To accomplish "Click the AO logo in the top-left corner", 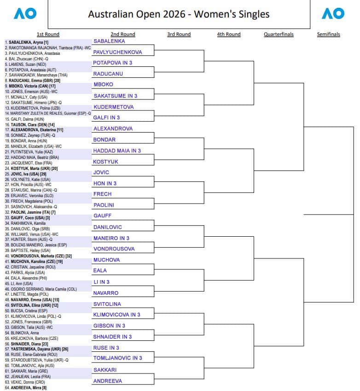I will (x=25, y=14).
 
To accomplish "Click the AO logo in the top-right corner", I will (x=333, y=14).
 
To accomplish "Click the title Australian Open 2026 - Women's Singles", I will (x=179, y=14).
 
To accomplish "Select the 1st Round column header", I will (x=48, y=34).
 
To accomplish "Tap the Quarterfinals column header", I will (x=279, y=34).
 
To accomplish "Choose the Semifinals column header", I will (x=329, y=34).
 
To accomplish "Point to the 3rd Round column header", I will (x=179, y=34).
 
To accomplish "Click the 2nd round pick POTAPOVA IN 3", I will (x=113, y=63).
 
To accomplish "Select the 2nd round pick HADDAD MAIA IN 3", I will (x=117, y=151).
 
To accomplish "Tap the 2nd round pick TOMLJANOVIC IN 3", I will (x=118, y=358).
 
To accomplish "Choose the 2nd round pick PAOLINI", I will (x=104, y=205).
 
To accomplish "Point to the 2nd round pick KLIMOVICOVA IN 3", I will (x=117, y=315).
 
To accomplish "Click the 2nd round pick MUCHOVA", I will (x=106, y=260).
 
